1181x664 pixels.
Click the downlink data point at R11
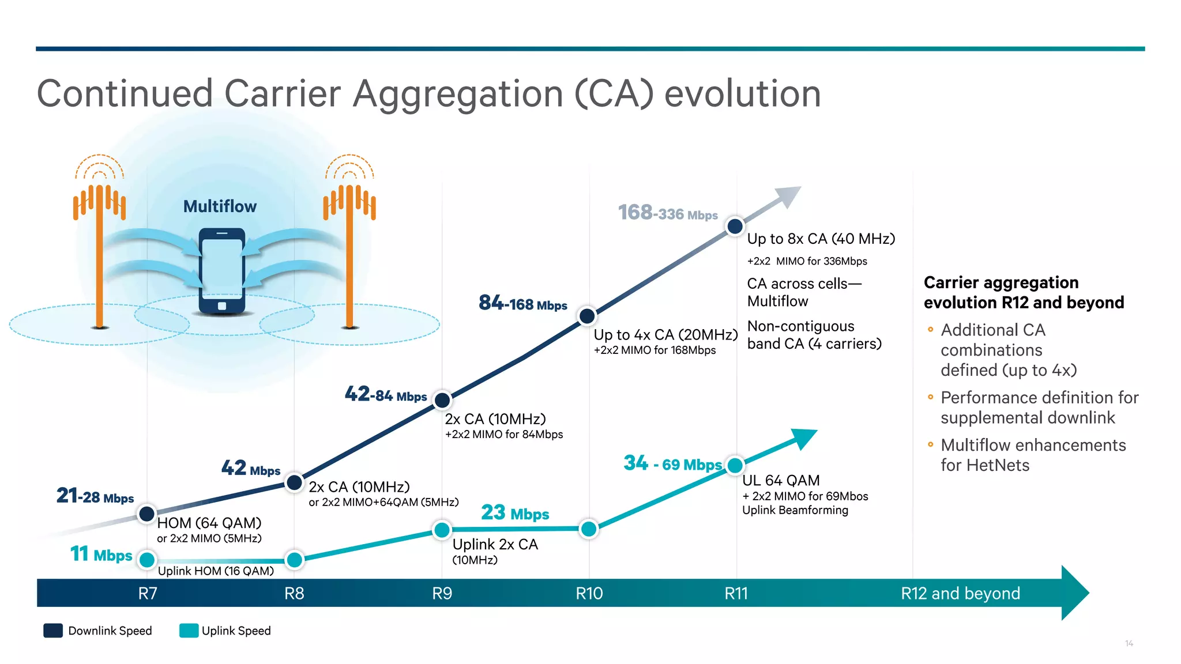(735, 226)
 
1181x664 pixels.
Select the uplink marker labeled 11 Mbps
(147, 559)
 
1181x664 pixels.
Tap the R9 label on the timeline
(442, 593)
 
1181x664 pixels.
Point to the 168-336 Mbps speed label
(667, 213)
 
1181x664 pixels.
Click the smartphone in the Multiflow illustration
(222, 271)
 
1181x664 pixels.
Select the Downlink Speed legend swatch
(53, 631)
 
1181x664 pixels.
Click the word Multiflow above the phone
(220, 206)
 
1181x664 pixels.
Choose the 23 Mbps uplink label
(515, 512)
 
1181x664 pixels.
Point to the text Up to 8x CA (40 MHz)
(821, 239)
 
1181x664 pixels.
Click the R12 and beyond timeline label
(960, 593)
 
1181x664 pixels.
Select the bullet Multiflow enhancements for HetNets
(1032, 455)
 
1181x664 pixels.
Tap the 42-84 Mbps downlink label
(386, 395)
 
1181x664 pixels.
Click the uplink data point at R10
(589, 529)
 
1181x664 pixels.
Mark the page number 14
(1129, 643)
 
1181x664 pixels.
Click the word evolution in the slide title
(742, 94)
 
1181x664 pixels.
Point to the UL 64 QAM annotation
(781, 480)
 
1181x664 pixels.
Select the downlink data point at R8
(295, 482)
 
